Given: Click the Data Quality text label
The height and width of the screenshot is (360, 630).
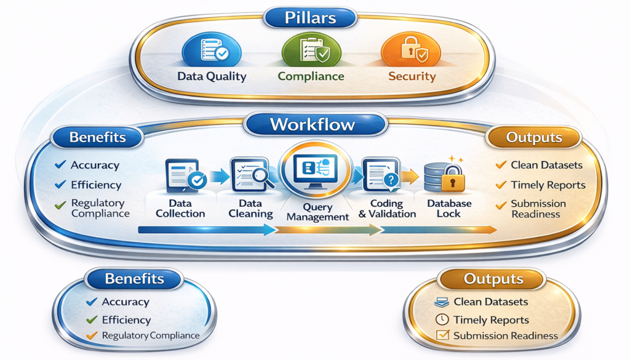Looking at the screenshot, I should [212, 77].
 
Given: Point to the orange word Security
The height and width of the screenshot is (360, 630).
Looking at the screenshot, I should [412, 77].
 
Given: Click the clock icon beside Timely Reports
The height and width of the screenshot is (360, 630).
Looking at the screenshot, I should [441, 319].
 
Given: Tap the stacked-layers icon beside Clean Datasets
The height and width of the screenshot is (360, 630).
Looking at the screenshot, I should [441, 302].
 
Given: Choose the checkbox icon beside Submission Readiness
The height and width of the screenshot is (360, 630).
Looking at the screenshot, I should [441, 336].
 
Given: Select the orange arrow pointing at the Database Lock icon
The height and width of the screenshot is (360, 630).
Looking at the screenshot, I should [411, 177].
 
